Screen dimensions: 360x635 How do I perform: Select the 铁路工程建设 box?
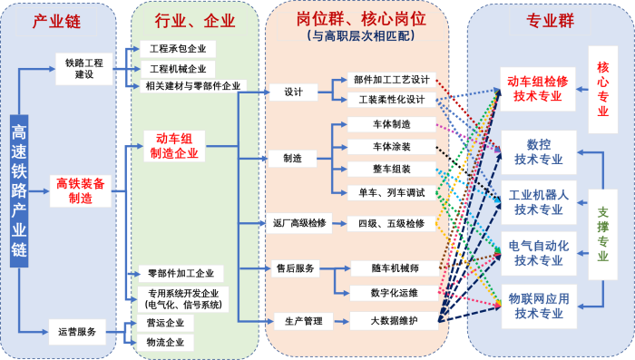tap(84, 68)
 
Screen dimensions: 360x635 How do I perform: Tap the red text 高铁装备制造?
tap(81, 190)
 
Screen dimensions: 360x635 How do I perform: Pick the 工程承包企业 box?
tap(177, 47)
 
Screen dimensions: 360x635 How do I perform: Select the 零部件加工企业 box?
tap(180, 273)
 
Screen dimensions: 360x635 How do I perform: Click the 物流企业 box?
tap(165, 343)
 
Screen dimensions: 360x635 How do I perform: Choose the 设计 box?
tap(293, 92)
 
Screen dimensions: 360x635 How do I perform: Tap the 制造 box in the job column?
tap(293, 158)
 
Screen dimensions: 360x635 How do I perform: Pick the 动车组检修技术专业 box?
tap(539, 88)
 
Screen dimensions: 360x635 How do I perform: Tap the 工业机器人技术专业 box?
tap(539, 201)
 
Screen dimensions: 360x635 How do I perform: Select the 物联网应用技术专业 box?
tap(539, 305)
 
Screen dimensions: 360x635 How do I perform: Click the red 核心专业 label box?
tap(603, 89)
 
